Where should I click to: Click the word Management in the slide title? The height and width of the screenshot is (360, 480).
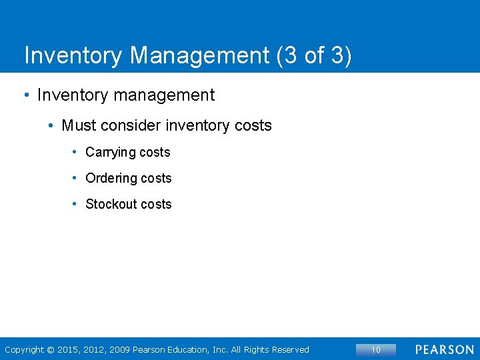pyautogui.click(x=200, y=55)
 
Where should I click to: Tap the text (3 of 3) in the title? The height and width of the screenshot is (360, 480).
pyautogui.click(x=313, y=55)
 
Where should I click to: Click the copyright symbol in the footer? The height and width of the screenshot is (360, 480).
pyautogui.click(x=50, y=350)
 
